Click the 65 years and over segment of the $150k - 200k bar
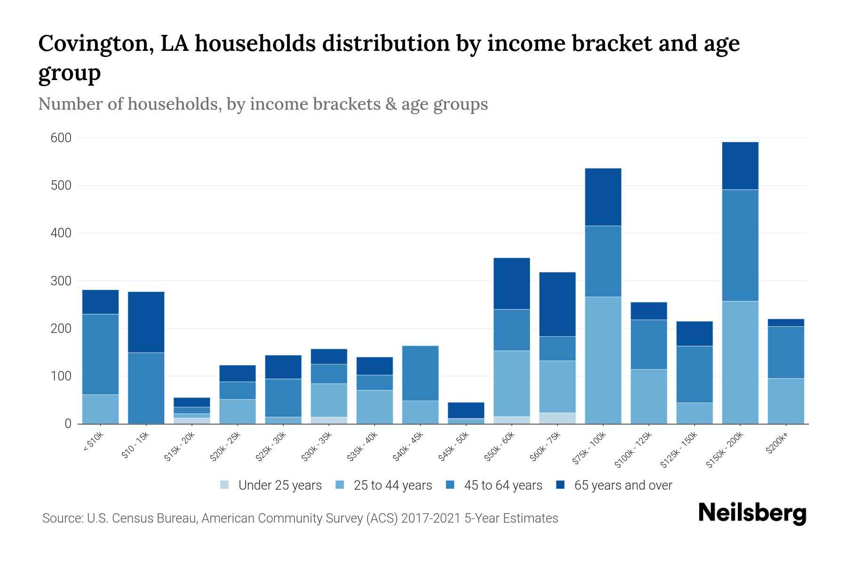pos(740,166)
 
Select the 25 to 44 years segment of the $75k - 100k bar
pos(603,360)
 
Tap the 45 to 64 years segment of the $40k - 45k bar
pos(420,373)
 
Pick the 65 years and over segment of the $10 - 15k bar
pos(146,322)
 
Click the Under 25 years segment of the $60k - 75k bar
pos(557,418)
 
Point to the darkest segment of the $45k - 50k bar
pos(466,410)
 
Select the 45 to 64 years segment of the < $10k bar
pos(100,354)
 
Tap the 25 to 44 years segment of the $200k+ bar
pos(785,401)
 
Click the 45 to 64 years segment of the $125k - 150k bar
pos(694,374)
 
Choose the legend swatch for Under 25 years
pos(224,484)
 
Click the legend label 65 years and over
pos(623,485)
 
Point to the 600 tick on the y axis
pos(61,138)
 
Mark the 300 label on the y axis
pos(61,281)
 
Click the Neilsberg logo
pos(752,513)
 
